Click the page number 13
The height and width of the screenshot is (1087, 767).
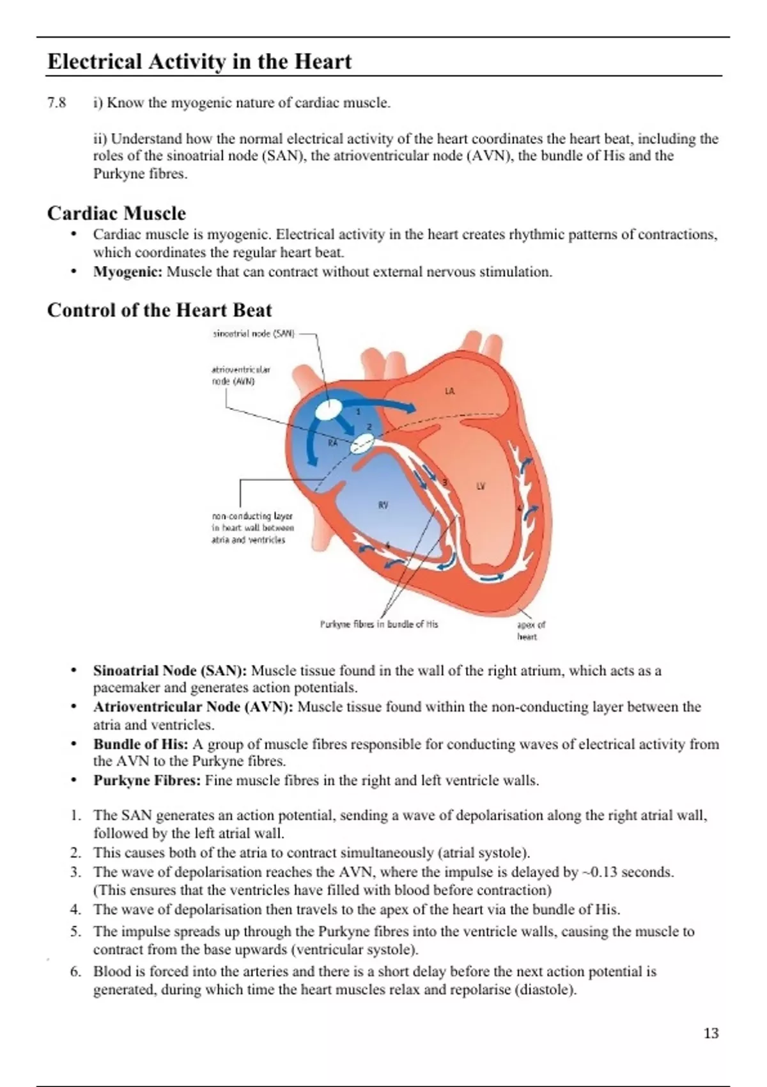pos(711,1033)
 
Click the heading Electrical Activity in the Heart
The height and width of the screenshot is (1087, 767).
pos(199,62)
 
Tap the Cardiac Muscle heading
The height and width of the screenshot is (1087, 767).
pos(116,213)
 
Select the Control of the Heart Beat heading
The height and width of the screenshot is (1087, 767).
pos(159,310)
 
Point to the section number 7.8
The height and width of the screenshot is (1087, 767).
pos(56,103)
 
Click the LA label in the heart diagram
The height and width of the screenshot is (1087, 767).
pos(450,391)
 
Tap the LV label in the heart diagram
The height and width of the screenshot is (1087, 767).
pos(481,486)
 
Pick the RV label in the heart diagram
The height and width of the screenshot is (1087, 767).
pos(383,505)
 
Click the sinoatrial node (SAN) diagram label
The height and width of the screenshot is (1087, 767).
pos(253,334)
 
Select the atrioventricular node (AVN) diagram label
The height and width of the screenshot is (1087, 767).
pos(240,375)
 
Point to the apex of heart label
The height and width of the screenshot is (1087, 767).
pos(531,630)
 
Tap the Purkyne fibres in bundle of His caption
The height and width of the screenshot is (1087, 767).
pos(379,624)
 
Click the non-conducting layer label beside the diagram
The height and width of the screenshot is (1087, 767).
pos(252,528)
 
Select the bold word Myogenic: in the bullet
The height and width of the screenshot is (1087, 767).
pos(128,272)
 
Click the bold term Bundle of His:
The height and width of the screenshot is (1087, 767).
pos(141,744)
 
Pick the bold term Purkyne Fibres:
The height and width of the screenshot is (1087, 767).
pos(147,781)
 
